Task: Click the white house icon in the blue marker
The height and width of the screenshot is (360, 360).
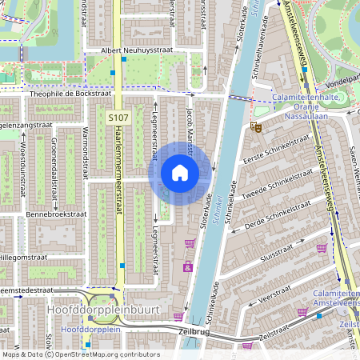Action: pyautogui.click(x=180, y=173)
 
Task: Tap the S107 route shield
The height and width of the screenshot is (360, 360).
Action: pyautogui.click(x=119, y=118)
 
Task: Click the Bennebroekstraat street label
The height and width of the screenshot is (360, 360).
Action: pyautogui.click(x=55, y=214)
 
